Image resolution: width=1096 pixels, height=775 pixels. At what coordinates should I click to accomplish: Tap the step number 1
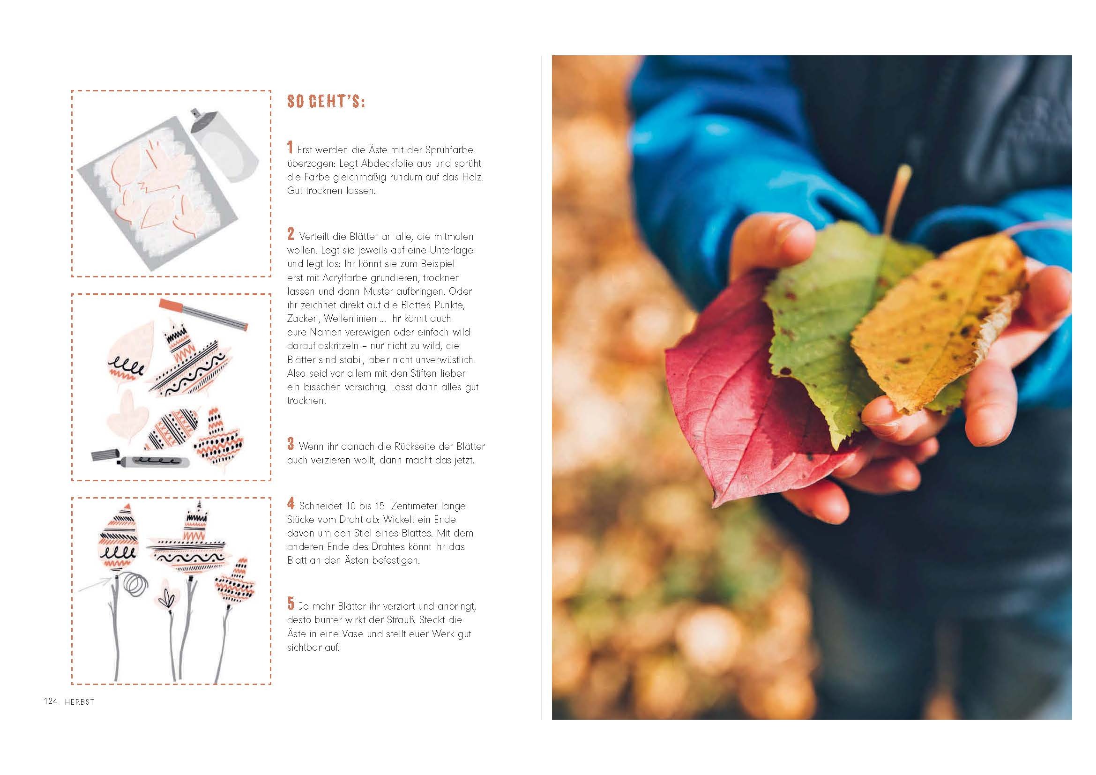click(290, 148)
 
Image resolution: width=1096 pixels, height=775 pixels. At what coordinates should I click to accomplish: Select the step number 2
click(291, 234)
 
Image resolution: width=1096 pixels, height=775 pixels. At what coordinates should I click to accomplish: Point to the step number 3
click(291, 444)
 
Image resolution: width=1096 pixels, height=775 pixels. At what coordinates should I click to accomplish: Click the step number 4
click(291, 503)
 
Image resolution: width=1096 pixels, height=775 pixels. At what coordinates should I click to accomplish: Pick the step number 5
click(291, 604)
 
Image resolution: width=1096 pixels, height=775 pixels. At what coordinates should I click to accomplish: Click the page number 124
click(51, 701)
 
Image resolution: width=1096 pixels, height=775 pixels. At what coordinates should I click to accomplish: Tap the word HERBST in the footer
click(80, 702)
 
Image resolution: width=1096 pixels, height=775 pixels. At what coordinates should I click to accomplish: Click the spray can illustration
click(224, 146)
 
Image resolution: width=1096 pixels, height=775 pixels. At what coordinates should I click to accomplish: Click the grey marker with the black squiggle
click(141, 459)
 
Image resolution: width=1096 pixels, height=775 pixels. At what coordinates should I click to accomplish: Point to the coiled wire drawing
click(135, 584)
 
